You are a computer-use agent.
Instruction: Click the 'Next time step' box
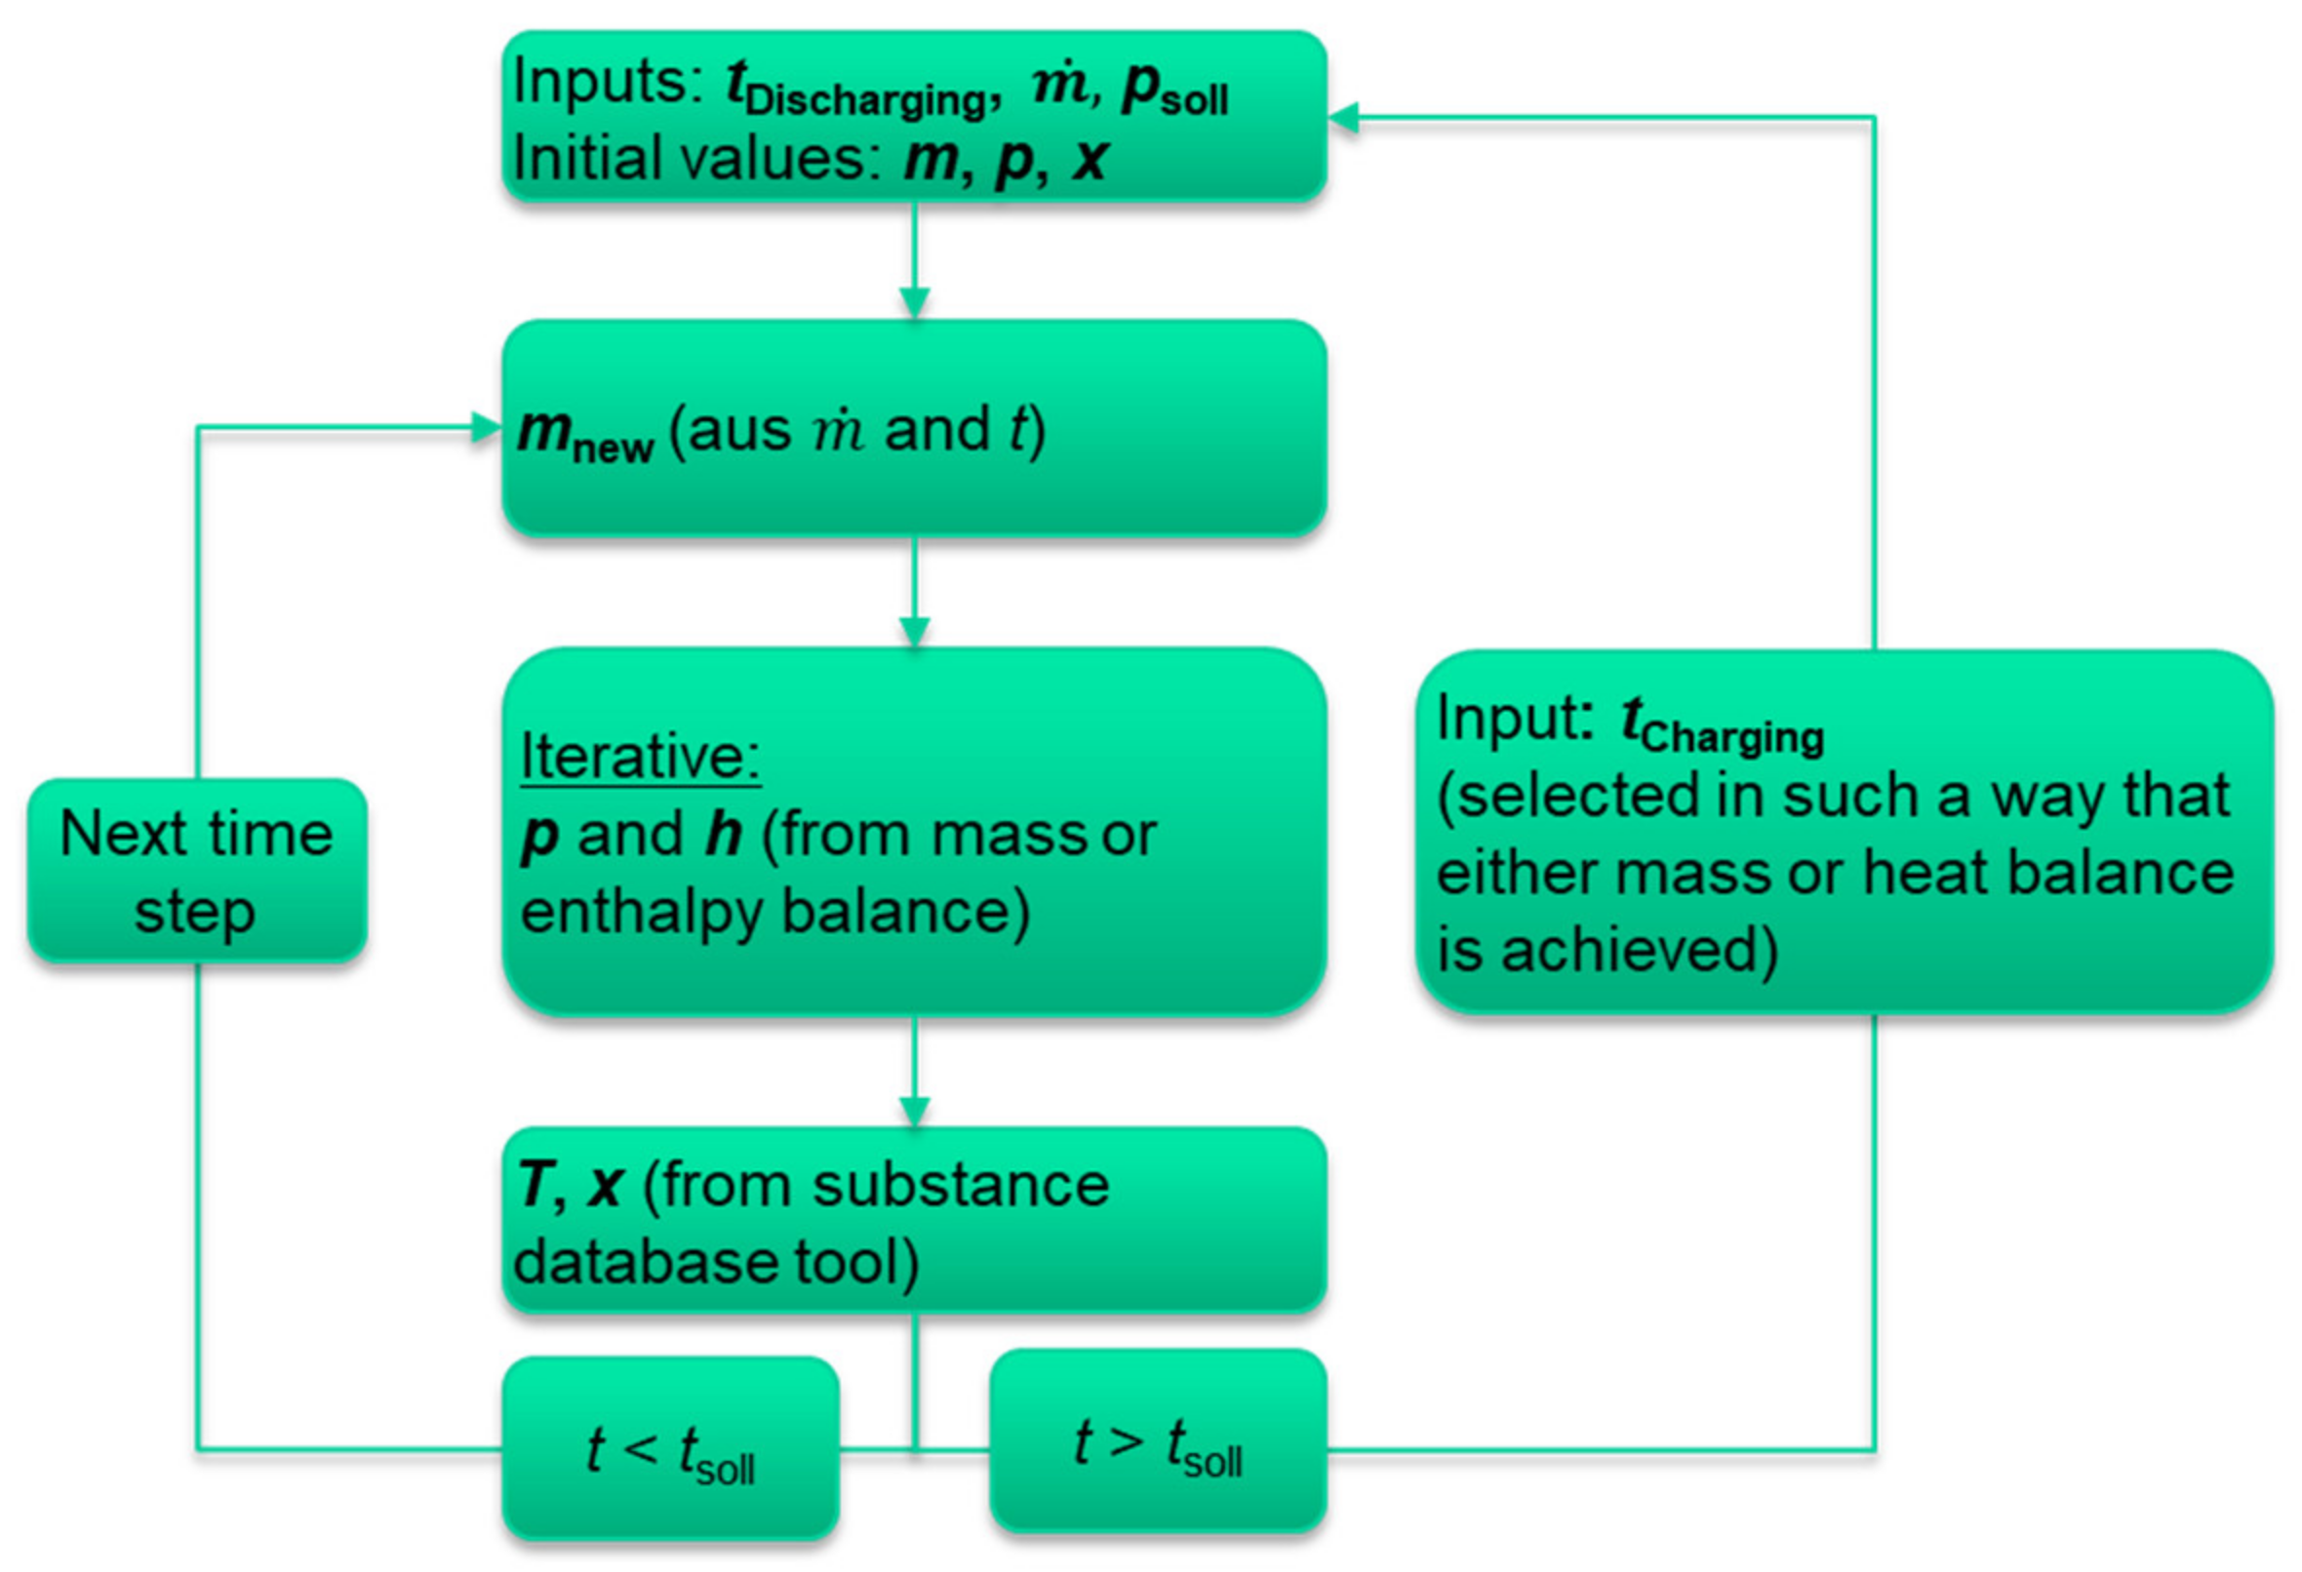tap(197, 871)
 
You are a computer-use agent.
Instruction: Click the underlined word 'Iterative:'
tap(640, 758)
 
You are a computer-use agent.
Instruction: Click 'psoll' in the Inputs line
tap(1174, 91)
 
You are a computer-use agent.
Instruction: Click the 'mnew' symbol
tap(584, 434)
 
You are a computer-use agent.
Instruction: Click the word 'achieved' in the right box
tap(1640, 949)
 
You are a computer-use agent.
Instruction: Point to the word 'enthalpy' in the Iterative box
tap(641, 911)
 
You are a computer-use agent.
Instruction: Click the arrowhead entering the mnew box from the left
tap(487, 428)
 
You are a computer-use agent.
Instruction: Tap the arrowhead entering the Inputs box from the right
tap(1343, 118)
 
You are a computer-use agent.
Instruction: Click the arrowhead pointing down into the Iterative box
tap(914, 633)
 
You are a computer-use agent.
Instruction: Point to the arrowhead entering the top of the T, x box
tap(914, 1113)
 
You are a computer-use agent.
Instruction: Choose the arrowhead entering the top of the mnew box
tap(914, 303)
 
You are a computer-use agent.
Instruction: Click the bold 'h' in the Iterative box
tap(723, 835)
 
